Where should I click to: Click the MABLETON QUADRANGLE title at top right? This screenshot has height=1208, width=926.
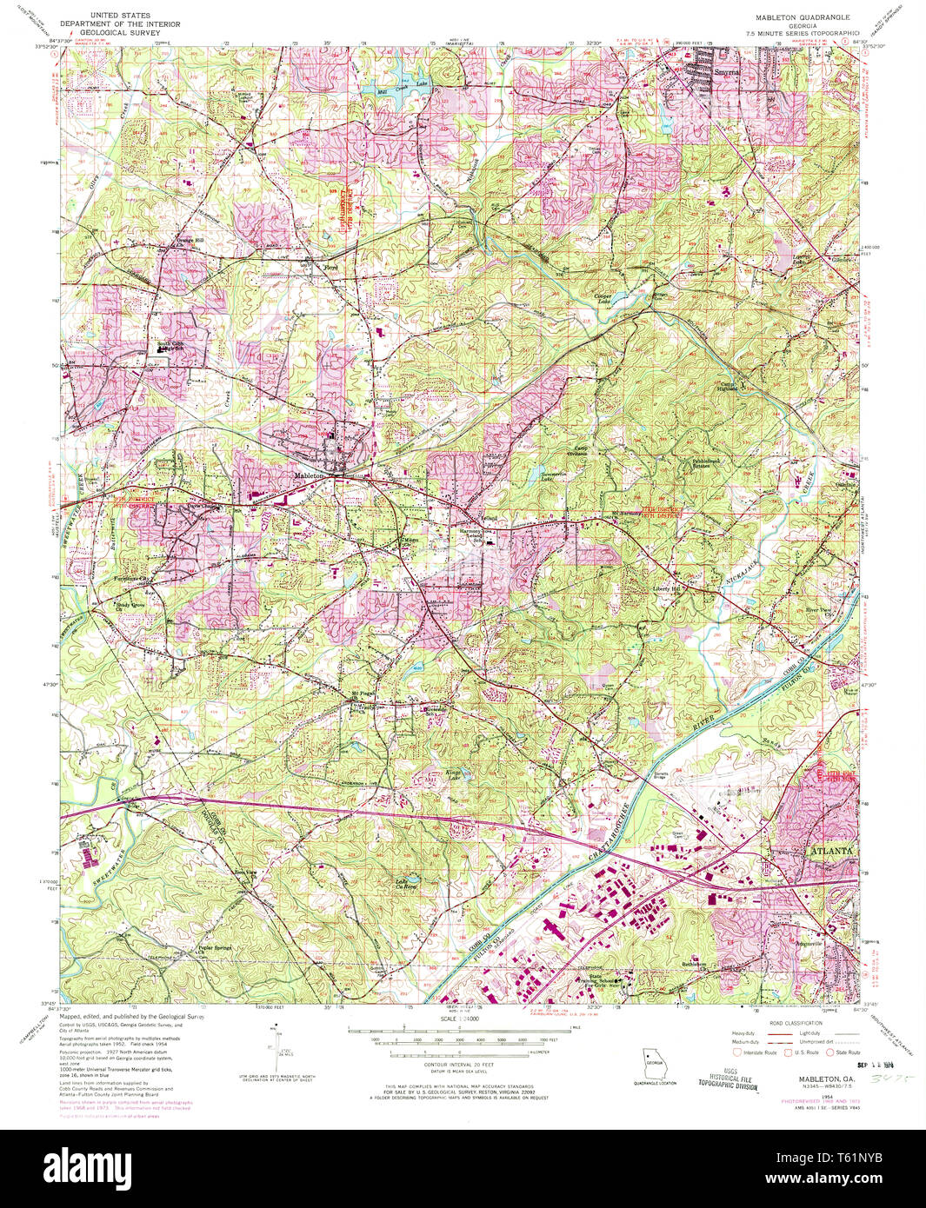pyautogui.click(x=802, y=17)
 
